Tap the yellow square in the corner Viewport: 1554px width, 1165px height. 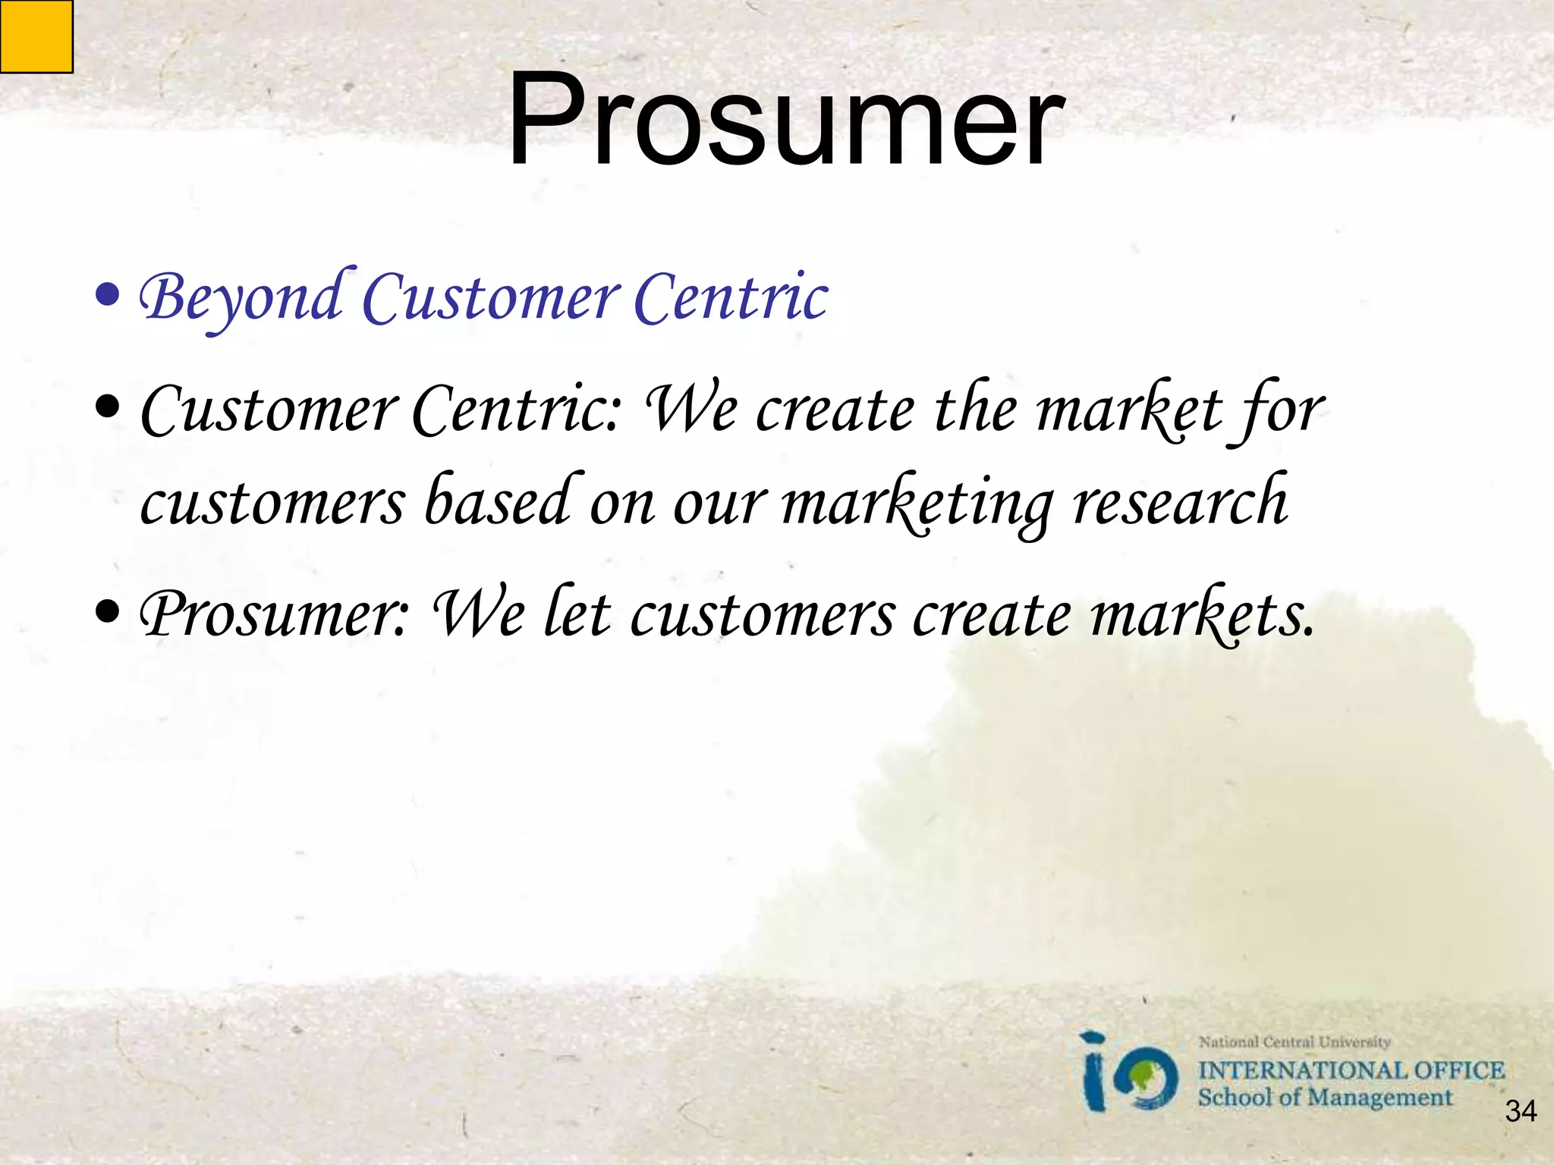[36, 36]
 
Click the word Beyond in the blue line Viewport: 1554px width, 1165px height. [241, 298]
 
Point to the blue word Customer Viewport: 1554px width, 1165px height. [491, 298]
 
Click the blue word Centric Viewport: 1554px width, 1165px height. [730, 298]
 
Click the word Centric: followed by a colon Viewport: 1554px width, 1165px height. [517, 410]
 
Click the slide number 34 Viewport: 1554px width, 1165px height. [1521, 1111]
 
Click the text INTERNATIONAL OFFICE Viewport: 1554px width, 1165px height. [1351, 1070]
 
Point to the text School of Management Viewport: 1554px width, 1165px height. [1324, 1097]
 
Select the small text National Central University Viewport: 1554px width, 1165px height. [1294, 1042]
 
